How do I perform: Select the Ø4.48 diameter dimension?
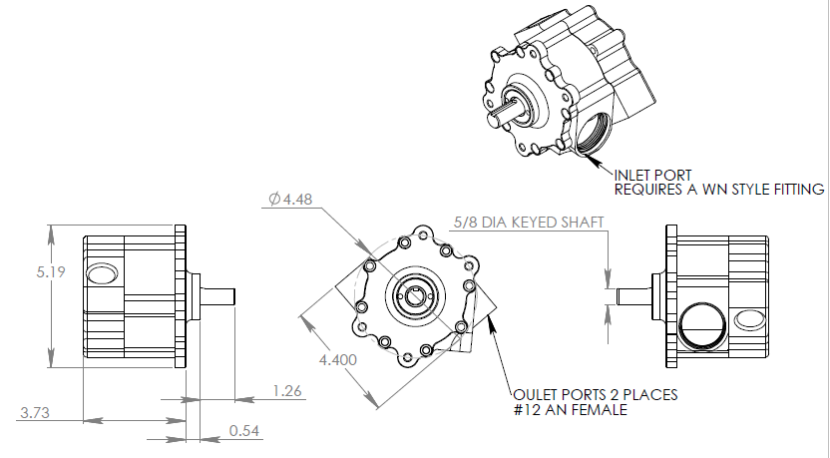291,200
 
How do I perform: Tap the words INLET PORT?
655,175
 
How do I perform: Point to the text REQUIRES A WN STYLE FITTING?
718,189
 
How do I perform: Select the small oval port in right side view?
745,319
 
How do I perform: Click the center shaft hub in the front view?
416,295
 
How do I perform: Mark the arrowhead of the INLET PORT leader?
582,151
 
